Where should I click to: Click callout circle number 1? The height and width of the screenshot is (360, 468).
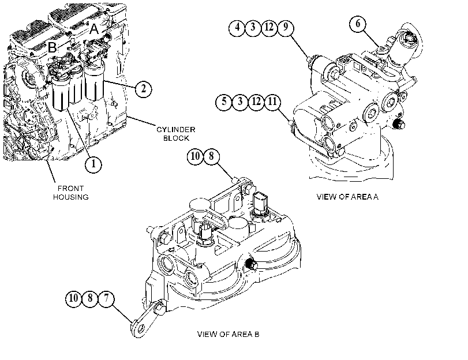coord(93,164)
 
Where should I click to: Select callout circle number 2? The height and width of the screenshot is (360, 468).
coord(144,89)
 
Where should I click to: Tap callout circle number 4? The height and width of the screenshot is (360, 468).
coord(237,28)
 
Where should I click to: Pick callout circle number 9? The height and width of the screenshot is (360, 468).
coord(286,28)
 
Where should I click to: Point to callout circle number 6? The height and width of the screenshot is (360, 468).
coord(358,24)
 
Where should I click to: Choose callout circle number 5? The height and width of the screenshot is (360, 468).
coord(224,102)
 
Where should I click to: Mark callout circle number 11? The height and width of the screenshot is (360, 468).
coord(272,102)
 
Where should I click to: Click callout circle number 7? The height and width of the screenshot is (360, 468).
coord(106,298)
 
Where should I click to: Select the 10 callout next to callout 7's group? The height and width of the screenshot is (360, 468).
coord(73,298)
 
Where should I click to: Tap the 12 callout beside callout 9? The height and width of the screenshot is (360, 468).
coord(269,28)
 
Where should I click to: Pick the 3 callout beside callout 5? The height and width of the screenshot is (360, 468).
coord(240,102)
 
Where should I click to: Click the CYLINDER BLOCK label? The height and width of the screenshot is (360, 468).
coord(176,134)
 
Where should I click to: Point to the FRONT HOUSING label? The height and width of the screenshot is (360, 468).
coord(71,193)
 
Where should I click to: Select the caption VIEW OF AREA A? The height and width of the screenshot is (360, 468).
coord(347,197)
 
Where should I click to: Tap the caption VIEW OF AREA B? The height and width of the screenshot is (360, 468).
coord(228,334)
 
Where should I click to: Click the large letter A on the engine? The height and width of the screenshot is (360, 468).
coord(94,29)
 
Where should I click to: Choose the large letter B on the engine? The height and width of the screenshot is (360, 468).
coord(53,47)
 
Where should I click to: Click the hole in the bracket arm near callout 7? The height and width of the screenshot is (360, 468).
coord(140,328)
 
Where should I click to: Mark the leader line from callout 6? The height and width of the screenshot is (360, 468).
coord(371,38)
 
